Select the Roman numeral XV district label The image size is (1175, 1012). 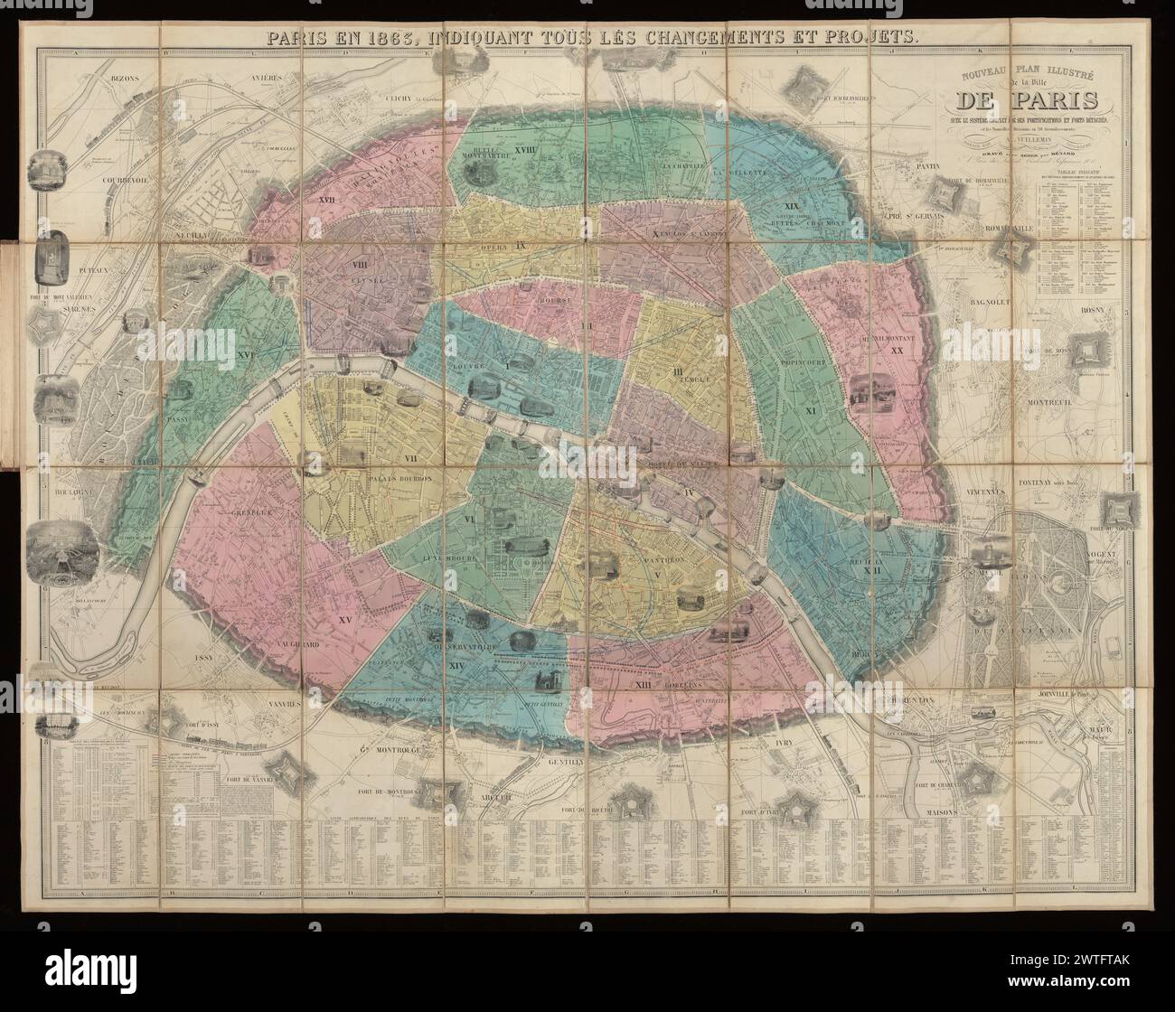pos(343,620)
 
